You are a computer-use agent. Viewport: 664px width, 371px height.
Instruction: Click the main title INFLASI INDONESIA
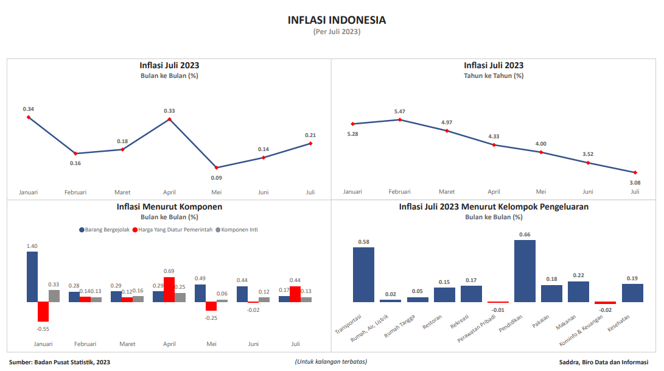click(x=337, y=20)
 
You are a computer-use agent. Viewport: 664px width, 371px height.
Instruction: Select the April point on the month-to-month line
click(x=169, y=119)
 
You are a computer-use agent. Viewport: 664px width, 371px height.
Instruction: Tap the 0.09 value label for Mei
click(x=216, y=178)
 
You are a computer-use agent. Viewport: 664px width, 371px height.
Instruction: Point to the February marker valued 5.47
click(x=399, y=119)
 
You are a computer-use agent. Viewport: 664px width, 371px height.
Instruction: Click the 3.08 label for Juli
click(x=635, y=182)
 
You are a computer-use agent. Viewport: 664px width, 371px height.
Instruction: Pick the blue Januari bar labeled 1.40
click(x=32, y=277)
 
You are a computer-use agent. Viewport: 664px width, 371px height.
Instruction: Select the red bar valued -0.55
click(x=43, y=311)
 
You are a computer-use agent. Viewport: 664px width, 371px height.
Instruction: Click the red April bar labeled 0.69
click(x=169, y=289)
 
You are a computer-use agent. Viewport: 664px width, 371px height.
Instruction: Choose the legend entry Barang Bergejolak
click(x=104, y=230)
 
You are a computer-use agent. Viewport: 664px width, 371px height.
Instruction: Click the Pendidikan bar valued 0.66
click(x=525, y=270)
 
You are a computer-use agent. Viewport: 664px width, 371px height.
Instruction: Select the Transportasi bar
click(x=363, y=274)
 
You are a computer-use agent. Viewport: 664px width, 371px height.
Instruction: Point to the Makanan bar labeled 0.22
click(x=578, y=291)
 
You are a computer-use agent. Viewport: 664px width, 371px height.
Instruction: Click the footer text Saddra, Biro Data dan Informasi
click(x=604, y=362)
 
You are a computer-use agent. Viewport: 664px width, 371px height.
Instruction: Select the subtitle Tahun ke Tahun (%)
click(x=494, y=76)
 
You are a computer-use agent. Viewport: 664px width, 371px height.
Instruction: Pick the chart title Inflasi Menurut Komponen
click(x=169, y=207)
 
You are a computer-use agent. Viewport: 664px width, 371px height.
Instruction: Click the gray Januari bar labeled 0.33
click(x=54, y=295)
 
